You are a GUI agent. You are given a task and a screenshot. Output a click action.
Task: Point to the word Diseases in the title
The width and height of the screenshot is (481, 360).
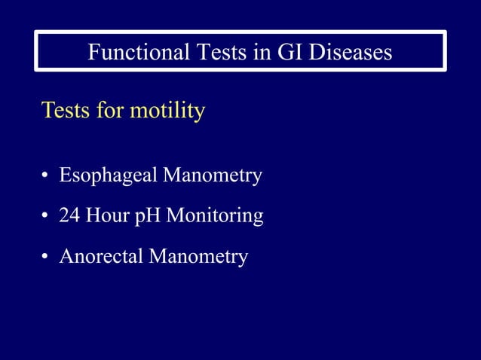[351, 52]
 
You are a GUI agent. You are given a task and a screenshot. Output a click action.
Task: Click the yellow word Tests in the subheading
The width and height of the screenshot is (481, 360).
[66, 111]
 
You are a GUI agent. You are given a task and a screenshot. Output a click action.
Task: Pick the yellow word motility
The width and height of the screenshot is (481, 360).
[167, 111]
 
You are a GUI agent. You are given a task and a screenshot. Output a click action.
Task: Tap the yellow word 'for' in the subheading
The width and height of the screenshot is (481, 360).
[110, 111]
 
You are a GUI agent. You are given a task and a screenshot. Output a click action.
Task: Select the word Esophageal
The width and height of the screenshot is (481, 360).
[109, 176]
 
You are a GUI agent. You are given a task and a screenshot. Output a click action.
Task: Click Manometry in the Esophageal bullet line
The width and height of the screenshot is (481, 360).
[213, 176]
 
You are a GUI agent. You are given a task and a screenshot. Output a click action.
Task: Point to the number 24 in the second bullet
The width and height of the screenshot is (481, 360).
[70, 217]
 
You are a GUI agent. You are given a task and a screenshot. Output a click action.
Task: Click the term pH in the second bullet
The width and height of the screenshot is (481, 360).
[149, 217]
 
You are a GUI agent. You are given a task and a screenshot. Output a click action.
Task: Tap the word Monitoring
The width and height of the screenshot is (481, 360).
[215, 217]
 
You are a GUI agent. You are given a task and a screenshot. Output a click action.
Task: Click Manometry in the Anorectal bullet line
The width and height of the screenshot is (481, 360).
[198, 257]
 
